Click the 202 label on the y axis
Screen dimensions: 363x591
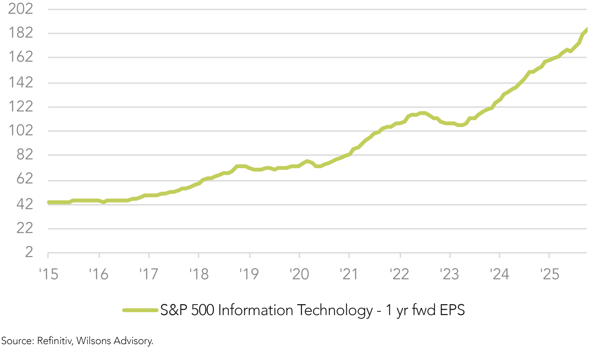click(x=20, y=9)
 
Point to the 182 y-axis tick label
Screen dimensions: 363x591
click(x=20, y=33)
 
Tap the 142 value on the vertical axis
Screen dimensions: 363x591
click(x=20, y=82)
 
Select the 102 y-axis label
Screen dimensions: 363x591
click(x=20, y=130)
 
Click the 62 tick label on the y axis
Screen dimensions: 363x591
click(x=25, y=179)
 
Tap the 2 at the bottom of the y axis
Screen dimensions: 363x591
click(x=29, y=252)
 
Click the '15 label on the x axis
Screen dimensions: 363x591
click(x=49, y=274)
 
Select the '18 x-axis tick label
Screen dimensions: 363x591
click(x=199, y=274)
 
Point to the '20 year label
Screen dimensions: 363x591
click(x=299, y=274)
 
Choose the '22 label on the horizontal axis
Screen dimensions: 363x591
click(x=399, y=274)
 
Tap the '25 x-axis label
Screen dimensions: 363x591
click(x=550, y=274)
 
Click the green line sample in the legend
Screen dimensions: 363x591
click(x=140, y=310)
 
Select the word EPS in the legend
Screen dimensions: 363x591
click(x=452, y=310)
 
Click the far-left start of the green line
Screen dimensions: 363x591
click(x=49, y=202)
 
